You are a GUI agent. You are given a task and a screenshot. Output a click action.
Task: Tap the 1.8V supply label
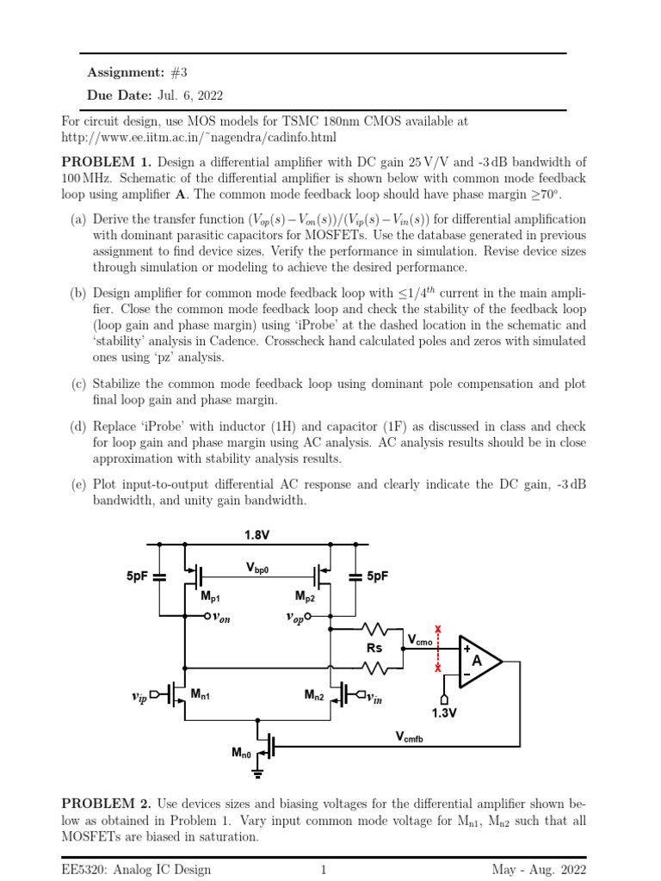pyautogui.click(x=256, y=535)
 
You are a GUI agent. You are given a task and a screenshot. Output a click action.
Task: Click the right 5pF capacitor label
pyautogui.click(x=377, y=576)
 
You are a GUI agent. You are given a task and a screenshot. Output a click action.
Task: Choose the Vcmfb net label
pyautogui.click(x=411, y=736)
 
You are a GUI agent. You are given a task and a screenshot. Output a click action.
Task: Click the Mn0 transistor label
pyautogui.click(x=243, y=753)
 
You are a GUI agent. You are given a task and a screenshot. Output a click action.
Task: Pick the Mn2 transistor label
pyautogui.click(x=312, y=695)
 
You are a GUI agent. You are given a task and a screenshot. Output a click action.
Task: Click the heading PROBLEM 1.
pyautogui.click(x=105, y=161)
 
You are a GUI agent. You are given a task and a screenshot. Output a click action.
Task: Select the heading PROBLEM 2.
pyautogui.click(x=105, y=804)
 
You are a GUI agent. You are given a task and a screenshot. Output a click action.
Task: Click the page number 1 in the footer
pyautogui.click(x=324, y=870)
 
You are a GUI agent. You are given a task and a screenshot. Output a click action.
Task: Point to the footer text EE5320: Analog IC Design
pyautogui.click(x=136, y=870)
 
